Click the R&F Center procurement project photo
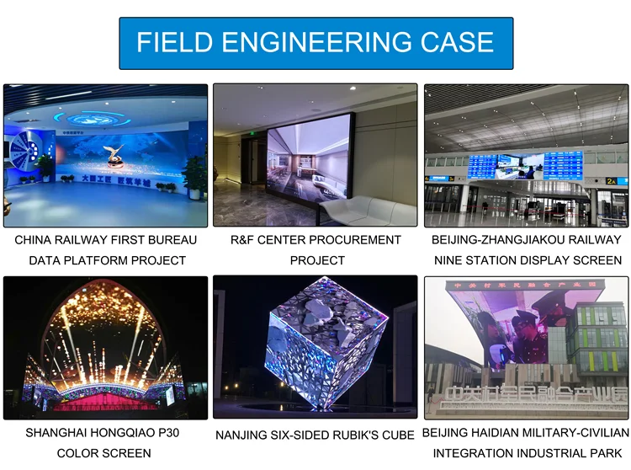point(315,155)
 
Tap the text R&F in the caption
point(244,240)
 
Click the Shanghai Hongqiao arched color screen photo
point(105,347)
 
